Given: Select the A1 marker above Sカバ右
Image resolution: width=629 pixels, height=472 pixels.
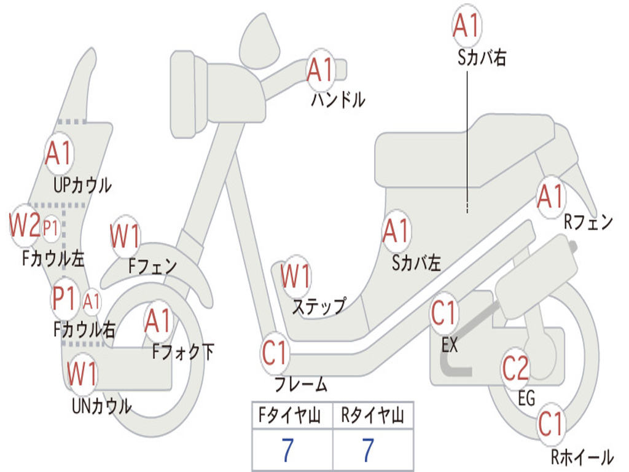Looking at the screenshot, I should coord(466,25).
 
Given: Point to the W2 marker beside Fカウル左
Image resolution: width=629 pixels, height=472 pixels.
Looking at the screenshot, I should coord(25,226).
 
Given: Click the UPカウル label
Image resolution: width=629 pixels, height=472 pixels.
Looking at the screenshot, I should coord(82,184).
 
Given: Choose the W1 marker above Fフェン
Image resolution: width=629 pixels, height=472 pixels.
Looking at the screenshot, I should coord(125,236).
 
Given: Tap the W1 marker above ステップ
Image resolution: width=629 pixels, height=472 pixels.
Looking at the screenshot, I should coord(295,277).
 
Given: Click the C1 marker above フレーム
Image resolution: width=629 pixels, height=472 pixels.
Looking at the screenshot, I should coord(275,354).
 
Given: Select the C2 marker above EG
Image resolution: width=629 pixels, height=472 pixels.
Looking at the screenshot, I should coord(515,368).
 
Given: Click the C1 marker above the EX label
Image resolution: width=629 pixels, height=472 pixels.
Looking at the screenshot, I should coord(445,313).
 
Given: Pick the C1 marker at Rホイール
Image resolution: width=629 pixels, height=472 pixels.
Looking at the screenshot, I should coord(550,424).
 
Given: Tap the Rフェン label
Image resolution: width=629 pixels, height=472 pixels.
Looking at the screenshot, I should coord(588,222).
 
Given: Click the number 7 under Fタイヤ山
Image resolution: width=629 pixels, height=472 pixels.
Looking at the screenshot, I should coord(287,450).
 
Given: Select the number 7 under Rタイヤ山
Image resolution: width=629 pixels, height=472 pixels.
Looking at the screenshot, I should coord(367,450).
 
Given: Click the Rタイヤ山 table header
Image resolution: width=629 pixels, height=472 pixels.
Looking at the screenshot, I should coord(372,417).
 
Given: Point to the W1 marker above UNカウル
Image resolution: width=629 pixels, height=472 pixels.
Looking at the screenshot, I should coord(82,374).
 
